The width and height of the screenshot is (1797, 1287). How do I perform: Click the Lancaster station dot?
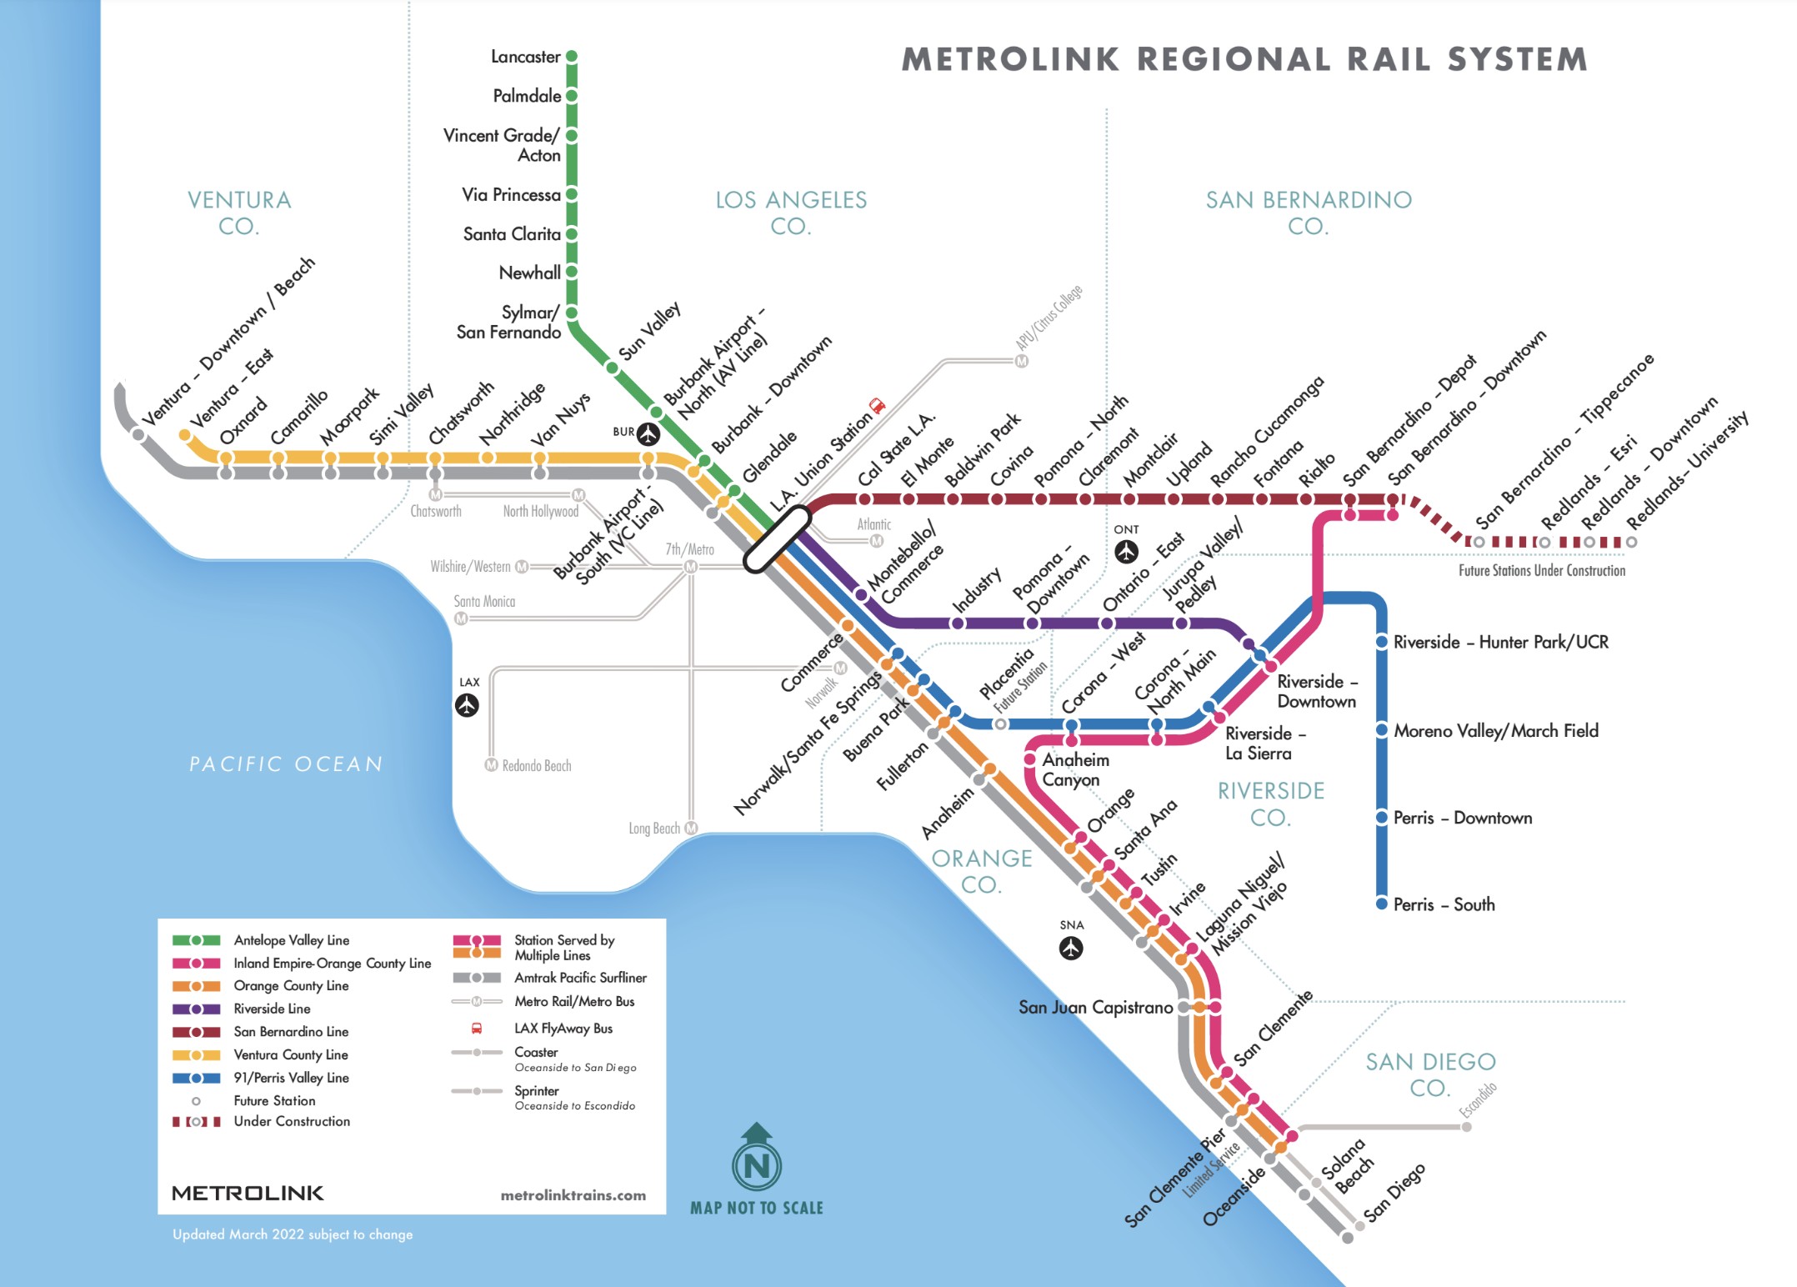572,57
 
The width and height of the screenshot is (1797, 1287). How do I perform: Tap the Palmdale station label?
527,96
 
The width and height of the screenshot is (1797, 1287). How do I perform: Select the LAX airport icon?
467,705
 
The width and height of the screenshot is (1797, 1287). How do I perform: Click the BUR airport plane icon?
648,433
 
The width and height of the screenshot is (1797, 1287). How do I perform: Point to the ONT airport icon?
1126,552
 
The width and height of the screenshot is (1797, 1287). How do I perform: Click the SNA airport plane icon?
1071,948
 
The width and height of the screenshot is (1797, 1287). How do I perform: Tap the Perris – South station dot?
1381,904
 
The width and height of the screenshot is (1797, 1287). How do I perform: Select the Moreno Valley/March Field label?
1496,731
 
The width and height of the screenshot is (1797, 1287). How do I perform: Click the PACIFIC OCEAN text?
286,764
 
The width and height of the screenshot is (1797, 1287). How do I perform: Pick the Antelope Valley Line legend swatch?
196,940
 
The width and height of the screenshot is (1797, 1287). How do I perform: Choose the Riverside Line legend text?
272,1009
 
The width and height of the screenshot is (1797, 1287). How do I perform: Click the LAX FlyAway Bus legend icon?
477,1029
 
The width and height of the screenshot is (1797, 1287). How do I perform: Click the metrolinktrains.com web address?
573,1195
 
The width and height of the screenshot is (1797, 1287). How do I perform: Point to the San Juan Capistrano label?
1095,1007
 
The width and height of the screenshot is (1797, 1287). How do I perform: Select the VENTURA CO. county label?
239,213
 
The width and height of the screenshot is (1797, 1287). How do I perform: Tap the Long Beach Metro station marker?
691,828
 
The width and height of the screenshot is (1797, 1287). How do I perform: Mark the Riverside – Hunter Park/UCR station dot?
1381,642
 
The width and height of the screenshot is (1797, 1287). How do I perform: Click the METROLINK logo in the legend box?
248,1193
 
